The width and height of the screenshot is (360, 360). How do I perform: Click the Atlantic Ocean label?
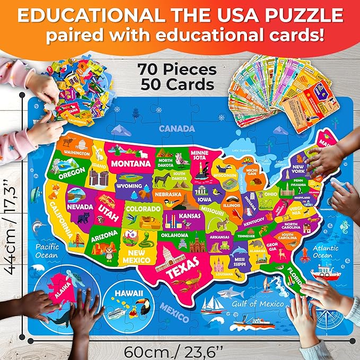click(324, 251)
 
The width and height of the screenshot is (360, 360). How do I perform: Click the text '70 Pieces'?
click(177, 69)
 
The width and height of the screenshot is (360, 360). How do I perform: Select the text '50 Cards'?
click(177, 84)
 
